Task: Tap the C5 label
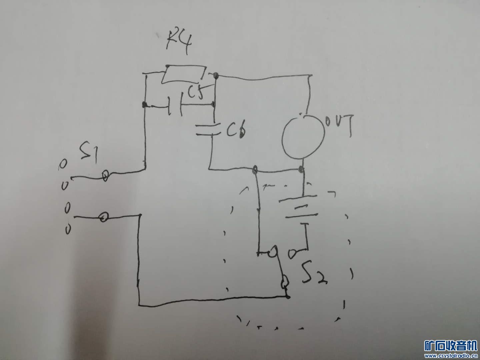[x=195, y=93]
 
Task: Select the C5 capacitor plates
[x=175, y=106]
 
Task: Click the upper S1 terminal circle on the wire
[x=105, y=175]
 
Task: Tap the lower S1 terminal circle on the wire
[x=104, y=218]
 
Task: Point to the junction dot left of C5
[x=144, y=105]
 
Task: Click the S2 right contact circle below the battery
[x=293, y=254]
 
